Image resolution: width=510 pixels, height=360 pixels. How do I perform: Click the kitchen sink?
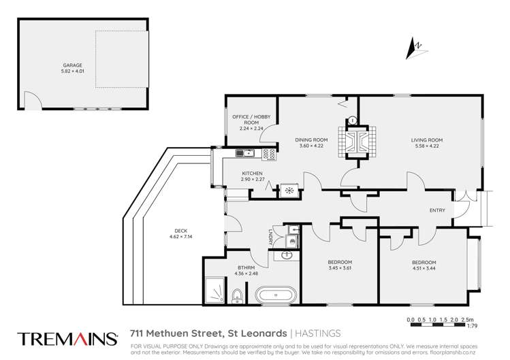(244, 153)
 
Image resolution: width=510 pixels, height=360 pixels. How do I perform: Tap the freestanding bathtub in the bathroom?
(276, 296)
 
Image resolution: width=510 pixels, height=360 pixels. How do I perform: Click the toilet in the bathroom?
(236, 295)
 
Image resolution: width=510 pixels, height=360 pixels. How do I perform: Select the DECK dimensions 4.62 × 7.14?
(162, 237)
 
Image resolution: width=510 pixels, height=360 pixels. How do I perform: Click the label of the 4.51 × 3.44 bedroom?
(424, 262)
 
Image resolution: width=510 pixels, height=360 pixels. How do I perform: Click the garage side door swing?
(31, 101)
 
